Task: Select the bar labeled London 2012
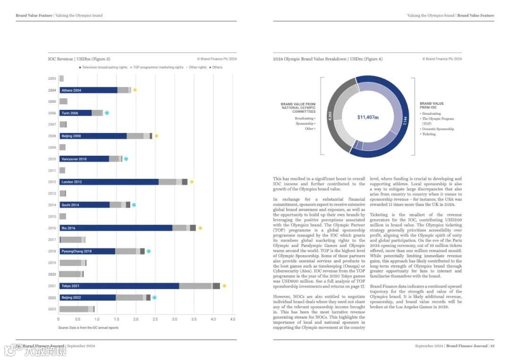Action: point(109,182)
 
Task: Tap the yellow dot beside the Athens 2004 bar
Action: point(135,90)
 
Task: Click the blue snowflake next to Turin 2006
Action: point(107,113)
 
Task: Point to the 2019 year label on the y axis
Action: point(52,263)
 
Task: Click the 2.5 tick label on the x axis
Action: point(155,319)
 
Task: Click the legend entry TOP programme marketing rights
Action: point(158,67)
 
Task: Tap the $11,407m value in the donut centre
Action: point(368,117)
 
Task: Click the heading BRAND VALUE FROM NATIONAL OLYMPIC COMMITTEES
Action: point(298,108)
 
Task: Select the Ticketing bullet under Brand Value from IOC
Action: point(429,134)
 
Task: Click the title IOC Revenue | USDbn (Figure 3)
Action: point(79,59)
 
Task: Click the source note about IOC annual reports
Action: point(88,327)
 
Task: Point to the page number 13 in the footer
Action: point(492,346)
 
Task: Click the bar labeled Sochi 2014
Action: point(85,205)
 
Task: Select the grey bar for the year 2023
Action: point(74,309)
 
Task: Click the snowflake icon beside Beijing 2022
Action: point(154,297)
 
